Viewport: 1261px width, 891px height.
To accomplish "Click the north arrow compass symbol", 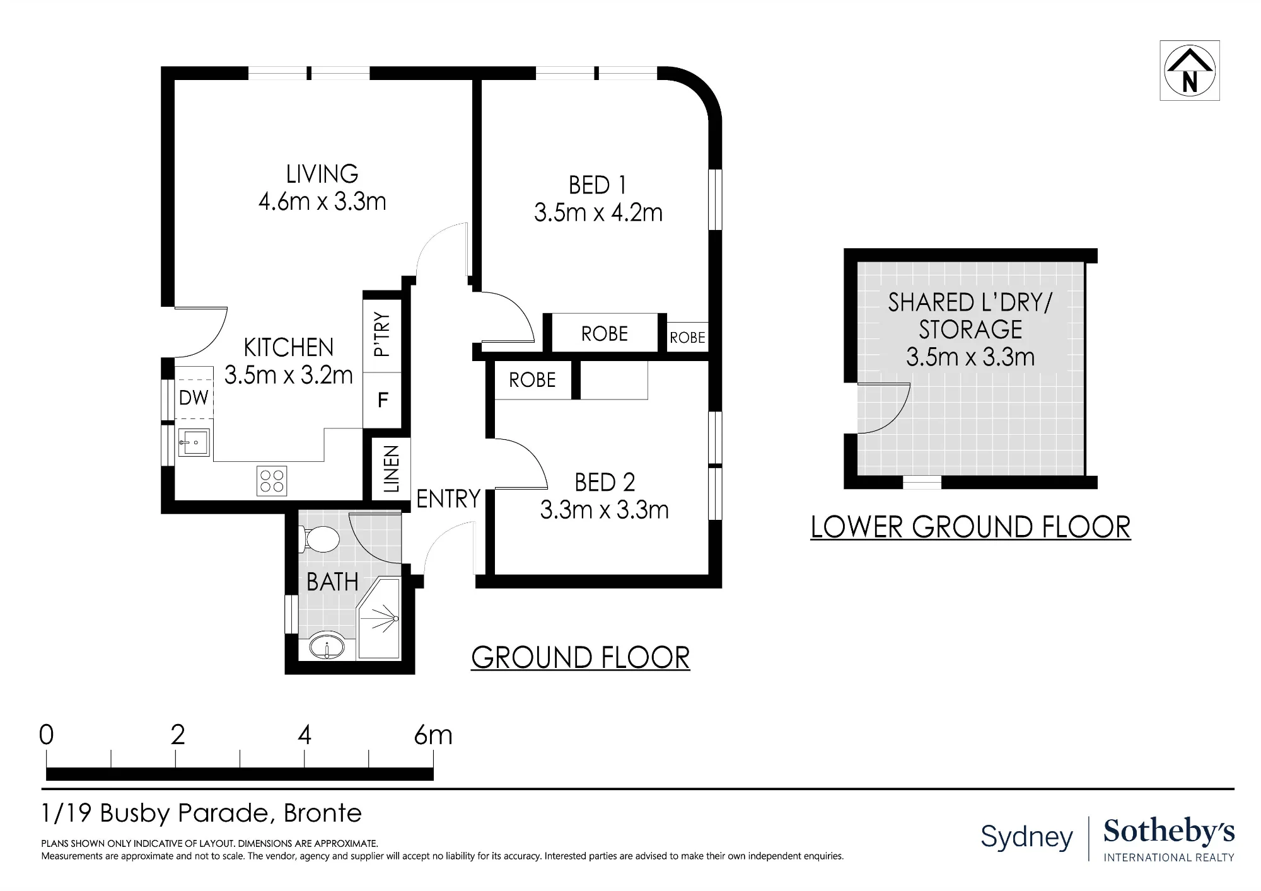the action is point(1190,71).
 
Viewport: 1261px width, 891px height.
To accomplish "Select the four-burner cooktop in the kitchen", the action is point(272,480).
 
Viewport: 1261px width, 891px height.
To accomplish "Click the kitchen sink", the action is point(193,442).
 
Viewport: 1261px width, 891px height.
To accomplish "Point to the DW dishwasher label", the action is point(194,398).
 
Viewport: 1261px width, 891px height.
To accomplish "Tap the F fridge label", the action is point(382,400).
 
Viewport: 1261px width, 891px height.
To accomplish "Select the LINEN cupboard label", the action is point(392,469).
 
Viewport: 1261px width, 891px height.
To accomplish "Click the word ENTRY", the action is point(448,499).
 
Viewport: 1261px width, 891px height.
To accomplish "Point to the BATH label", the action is point(332,582).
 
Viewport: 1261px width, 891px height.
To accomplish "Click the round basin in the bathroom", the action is point(327,647).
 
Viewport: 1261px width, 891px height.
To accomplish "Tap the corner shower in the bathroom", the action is point(379,618).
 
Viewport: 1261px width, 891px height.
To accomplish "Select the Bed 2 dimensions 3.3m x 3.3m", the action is point(604,510).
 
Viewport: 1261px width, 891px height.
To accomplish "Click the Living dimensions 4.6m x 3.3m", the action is point(322,202).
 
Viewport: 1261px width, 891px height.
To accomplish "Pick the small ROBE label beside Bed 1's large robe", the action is point(687,338).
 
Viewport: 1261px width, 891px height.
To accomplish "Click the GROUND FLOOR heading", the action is point(581,658).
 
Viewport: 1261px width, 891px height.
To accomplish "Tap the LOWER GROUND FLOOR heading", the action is point(970,527).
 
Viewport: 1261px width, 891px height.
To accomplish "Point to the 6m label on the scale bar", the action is point(433,735).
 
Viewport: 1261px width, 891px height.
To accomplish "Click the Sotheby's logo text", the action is point(1169,832).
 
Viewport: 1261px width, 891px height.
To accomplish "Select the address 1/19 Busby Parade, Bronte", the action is point(202,813).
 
